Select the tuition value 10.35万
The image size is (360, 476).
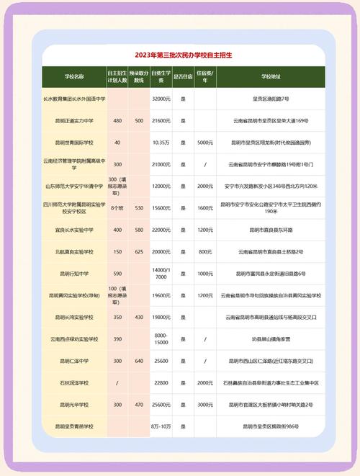[161, 142]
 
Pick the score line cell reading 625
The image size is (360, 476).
[139, 252]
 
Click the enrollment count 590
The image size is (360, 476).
[117, 274]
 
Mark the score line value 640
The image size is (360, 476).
[139, 362]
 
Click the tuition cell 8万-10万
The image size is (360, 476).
[161, 427]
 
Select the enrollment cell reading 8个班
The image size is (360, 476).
[117, 208]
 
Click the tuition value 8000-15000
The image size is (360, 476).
[161, 339]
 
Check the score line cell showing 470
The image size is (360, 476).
[139, 405]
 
